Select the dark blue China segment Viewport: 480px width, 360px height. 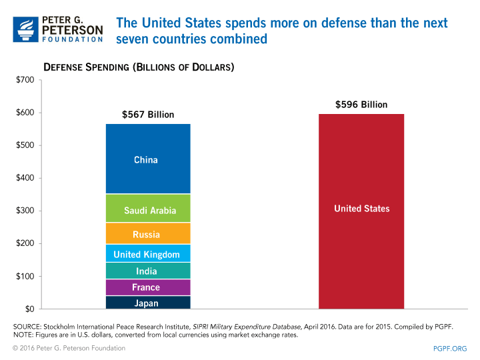point(148,159)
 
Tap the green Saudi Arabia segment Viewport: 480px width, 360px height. point(148,209)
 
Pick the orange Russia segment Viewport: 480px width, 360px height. point(148,233)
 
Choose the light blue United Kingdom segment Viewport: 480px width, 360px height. point(148,254)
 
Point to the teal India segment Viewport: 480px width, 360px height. point(148,271)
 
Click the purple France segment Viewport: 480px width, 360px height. point(148,287)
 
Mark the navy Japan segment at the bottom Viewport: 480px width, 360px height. point(148,303)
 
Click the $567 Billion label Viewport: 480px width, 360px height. point(148,115)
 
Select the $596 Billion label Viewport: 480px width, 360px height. point(361,105)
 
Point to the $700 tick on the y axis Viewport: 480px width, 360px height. point(25,81)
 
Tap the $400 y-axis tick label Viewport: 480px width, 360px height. point(25,179)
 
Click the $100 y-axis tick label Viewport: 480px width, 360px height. point(25,277)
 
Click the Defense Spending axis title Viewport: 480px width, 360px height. point(139,67)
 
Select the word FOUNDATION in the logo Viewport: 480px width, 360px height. point(73,39)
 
